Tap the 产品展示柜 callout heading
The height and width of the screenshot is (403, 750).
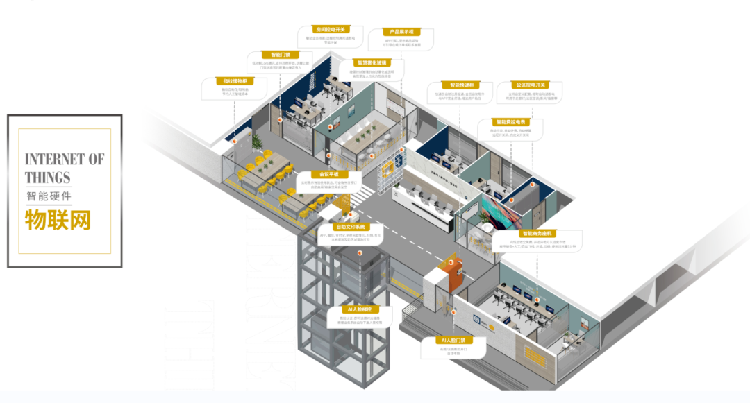(x=401, y=32)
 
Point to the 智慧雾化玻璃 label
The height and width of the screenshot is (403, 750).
(x=373, y=62)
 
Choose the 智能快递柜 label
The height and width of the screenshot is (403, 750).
(x=461, y=85)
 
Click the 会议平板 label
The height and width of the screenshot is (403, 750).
(x=328, y=174)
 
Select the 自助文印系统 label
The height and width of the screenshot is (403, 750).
(x=351, y=227)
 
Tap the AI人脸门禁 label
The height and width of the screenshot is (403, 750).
(x=453, y=341)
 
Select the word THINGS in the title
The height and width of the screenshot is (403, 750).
(x=48, y=176)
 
